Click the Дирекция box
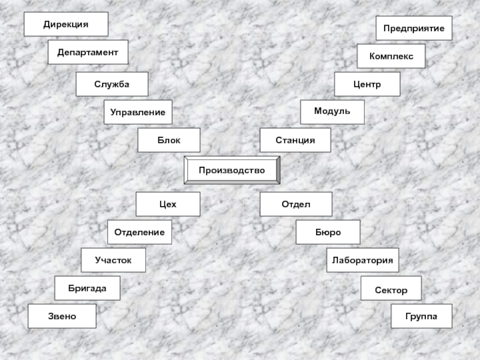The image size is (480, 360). pos(66,24)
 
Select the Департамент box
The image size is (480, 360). pos(88,52)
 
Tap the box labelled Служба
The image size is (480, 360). pos(112,84)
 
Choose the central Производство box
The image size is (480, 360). pos(232,170)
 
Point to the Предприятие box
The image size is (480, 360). pos(414,28)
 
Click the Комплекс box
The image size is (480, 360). pos(391,56)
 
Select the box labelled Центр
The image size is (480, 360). pos(367,85)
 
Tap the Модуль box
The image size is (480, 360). pos(332,112)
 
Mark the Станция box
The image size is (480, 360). pos(295,140)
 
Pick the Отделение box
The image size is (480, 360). pos(139,232)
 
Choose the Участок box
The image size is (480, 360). pos(114,260)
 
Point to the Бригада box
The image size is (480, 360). pos(87,288)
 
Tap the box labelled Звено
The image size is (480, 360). pos(62,316)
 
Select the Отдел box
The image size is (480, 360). pos(296,204)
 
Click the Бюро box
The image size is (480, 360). pos(328,232)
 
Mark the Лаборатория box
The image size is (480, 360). pos(362,260)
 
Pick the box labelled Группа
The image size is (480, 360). pos(422,316)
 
